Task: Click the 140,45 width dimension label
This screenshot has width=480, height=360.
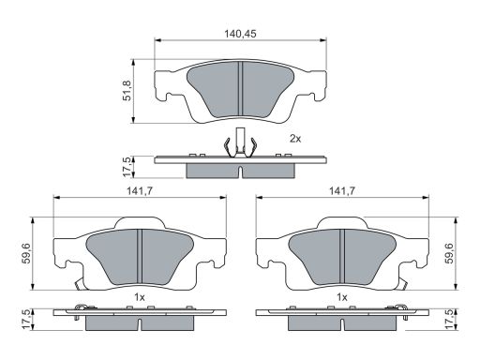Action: [x=240, y=34]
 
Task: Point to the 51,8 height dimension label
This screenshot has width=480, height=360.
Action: [x=127, y=90]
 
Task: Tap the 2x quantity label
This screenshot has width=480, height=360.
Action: [x=295, y=139]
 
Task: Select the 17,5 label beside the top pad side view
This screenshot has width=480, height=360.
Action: [x=127, y=167]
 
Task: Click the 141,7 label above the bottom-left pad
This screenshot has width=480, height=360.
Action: [x=140, y=191]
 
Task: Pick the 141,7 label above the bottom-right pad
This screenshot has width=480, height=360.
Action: [x=342, y=191]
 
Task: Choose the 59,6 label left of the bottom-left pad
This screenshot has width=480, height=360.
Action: [x=26, y=253]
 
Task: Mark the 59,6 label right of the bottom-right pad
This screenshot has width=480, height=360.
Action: [x=450, y=253]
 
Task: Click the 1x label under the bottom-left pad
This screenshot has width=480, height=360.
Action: [x=140, y=297]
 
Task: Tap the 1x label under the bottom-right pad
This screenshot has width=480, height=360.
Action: [x=342, y=297]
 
